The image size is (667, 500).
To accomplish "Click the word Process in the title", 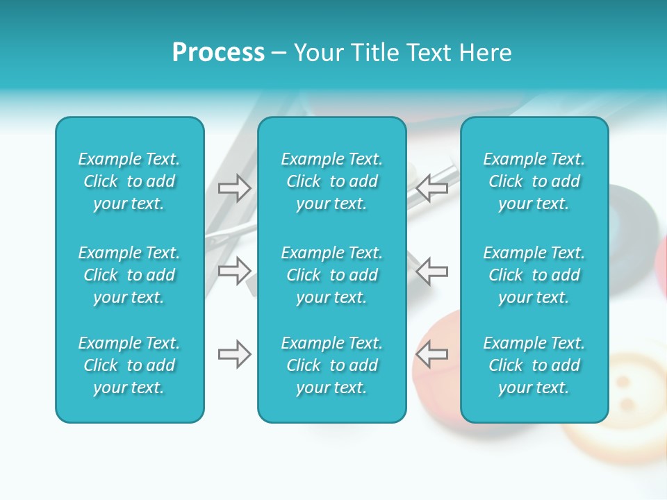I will click(218, 53).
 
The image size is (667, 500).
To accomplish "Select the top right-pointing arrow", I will click(235, 188).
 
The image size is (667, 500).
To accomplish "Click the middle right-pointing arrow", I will click(235, 270).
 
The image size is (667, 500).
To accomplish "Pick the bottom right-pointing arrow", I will click(235, 354).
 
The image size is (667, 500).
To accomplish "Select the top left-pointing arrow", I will click(432, 187).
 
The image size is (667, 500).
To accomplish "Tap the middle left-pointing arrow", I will click(432, 270).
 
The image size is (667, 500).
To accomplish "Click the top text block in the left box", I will click(129, 181).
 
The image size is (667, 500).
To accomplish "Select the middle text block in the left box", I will click(129, 275).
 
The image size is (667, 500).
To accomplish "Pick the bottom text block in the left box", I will click(129, 365).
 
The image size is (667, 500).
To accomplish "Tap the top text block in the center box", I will click(331, 181).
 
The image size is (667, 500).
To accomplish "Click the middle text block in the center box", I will click(331, 275).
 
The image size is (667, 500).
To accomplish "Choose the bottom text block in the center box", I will click(331, 365).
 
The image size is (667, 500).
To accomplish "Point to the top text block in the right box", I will click(534, 181).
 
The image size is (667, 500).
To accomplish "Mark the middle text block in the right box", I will click(534, 275).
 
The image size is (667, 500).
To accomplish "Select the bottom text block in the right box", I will click(534, 365).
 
